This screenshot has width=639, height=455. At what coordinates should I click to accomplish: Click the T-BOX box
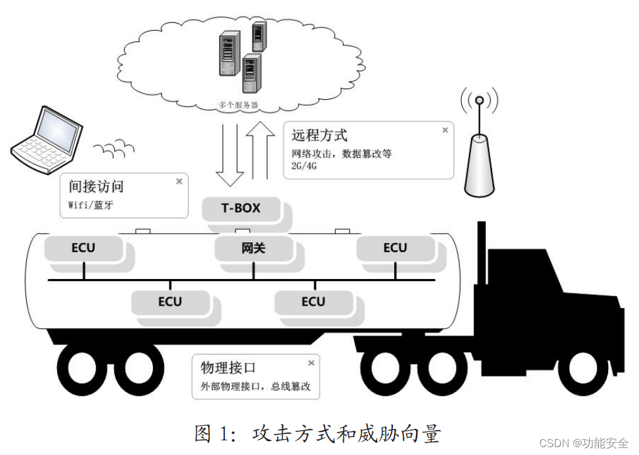(240, 209)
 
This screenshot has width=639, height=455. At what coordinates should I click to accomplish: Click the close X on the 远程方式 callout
(445, 130)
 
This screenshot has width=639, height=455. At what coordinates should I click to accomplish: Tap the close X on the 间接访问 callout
(179, 182)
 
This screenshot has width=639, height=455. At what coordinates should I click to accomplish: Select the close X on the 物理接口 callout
(311, 363)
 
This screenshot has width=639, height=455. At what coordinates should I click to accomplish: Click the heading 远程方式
(319, 135)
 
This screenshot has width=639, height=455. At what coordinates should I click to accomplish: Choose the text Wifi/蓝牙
(91, 205)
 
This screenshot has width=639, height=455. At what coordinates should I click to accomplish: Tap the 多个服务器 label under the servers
(237, 104)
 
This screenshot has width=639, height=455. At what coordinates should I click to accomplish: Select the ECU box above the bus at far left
(83, 248)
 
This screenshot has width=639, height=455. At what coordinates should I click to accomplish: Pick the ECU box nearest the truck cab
(395, 248)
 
